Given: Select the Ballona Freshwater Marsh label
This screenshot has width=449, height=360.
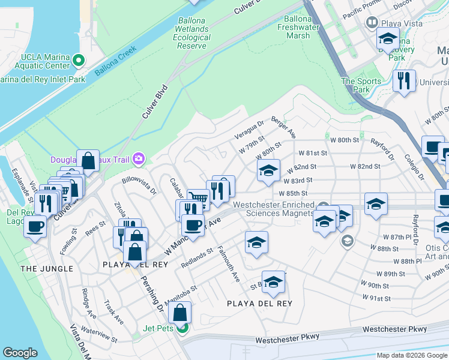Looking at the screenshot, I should tap(306, 27).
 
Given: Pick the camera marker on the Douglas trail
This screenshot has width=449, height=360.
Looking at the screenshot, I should tap(139, 158).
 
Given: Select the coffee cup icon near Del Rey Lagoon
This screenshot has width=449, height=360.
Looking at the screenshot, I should tap(36, 227).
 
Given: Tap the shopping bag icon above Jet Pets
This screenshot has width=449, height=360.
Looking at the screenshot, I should tap(180, 312).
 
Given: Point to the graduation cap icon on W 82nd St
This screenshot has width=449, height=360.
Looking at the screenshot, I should tap(268, 170).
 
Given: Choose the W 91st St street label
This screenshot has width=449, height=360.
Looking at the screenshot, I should tap(376, 298).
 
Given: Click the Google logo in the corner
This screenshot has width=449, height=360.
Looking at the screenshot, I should tap(20, 353).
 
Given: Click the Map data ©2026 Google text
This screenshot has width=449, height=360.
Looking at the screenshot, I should tap(411, 355).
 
